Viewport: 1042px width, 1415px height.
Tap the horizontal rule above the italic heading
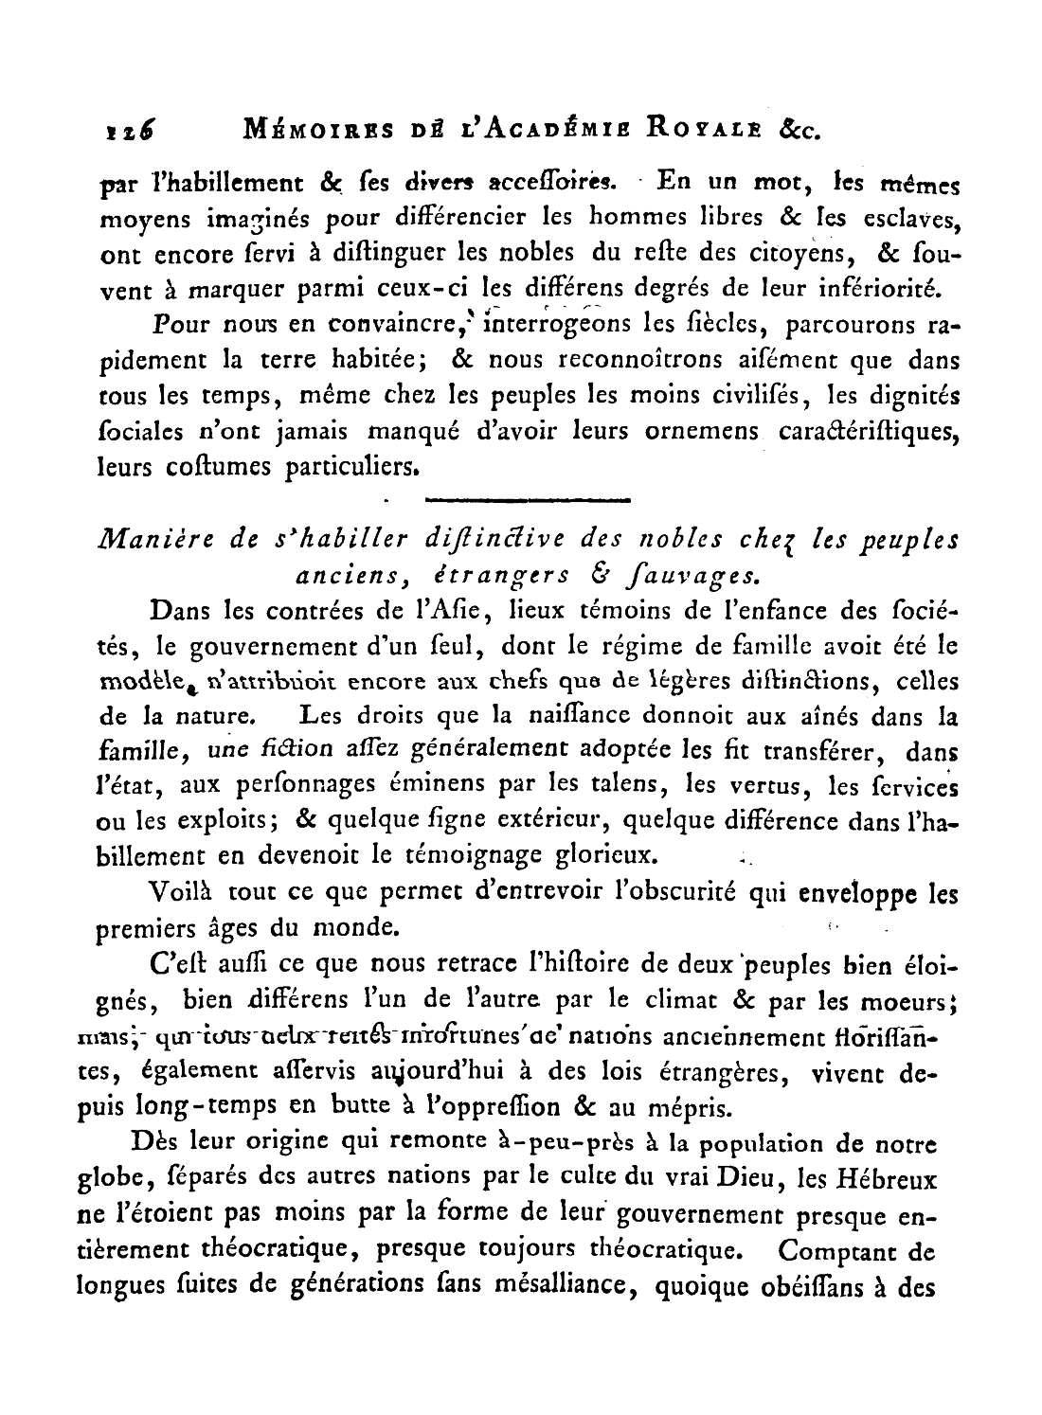click(x=529, y=498)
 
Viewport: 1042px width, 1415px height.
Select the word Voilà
click(x=182, y=892)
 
